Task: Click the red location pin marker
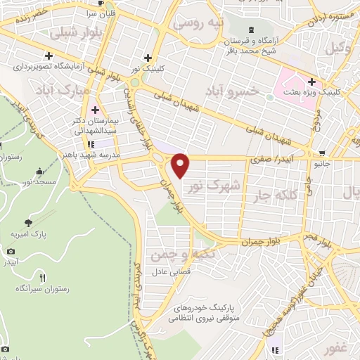tap(181, 165)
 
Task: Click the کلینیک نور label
tap(150, 69)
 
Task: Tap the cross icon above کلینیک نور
tap(148, 58)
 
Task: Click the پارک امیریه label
tap(24, 233)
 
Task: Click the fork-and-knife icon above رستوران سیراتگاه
tap(42, 278)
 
